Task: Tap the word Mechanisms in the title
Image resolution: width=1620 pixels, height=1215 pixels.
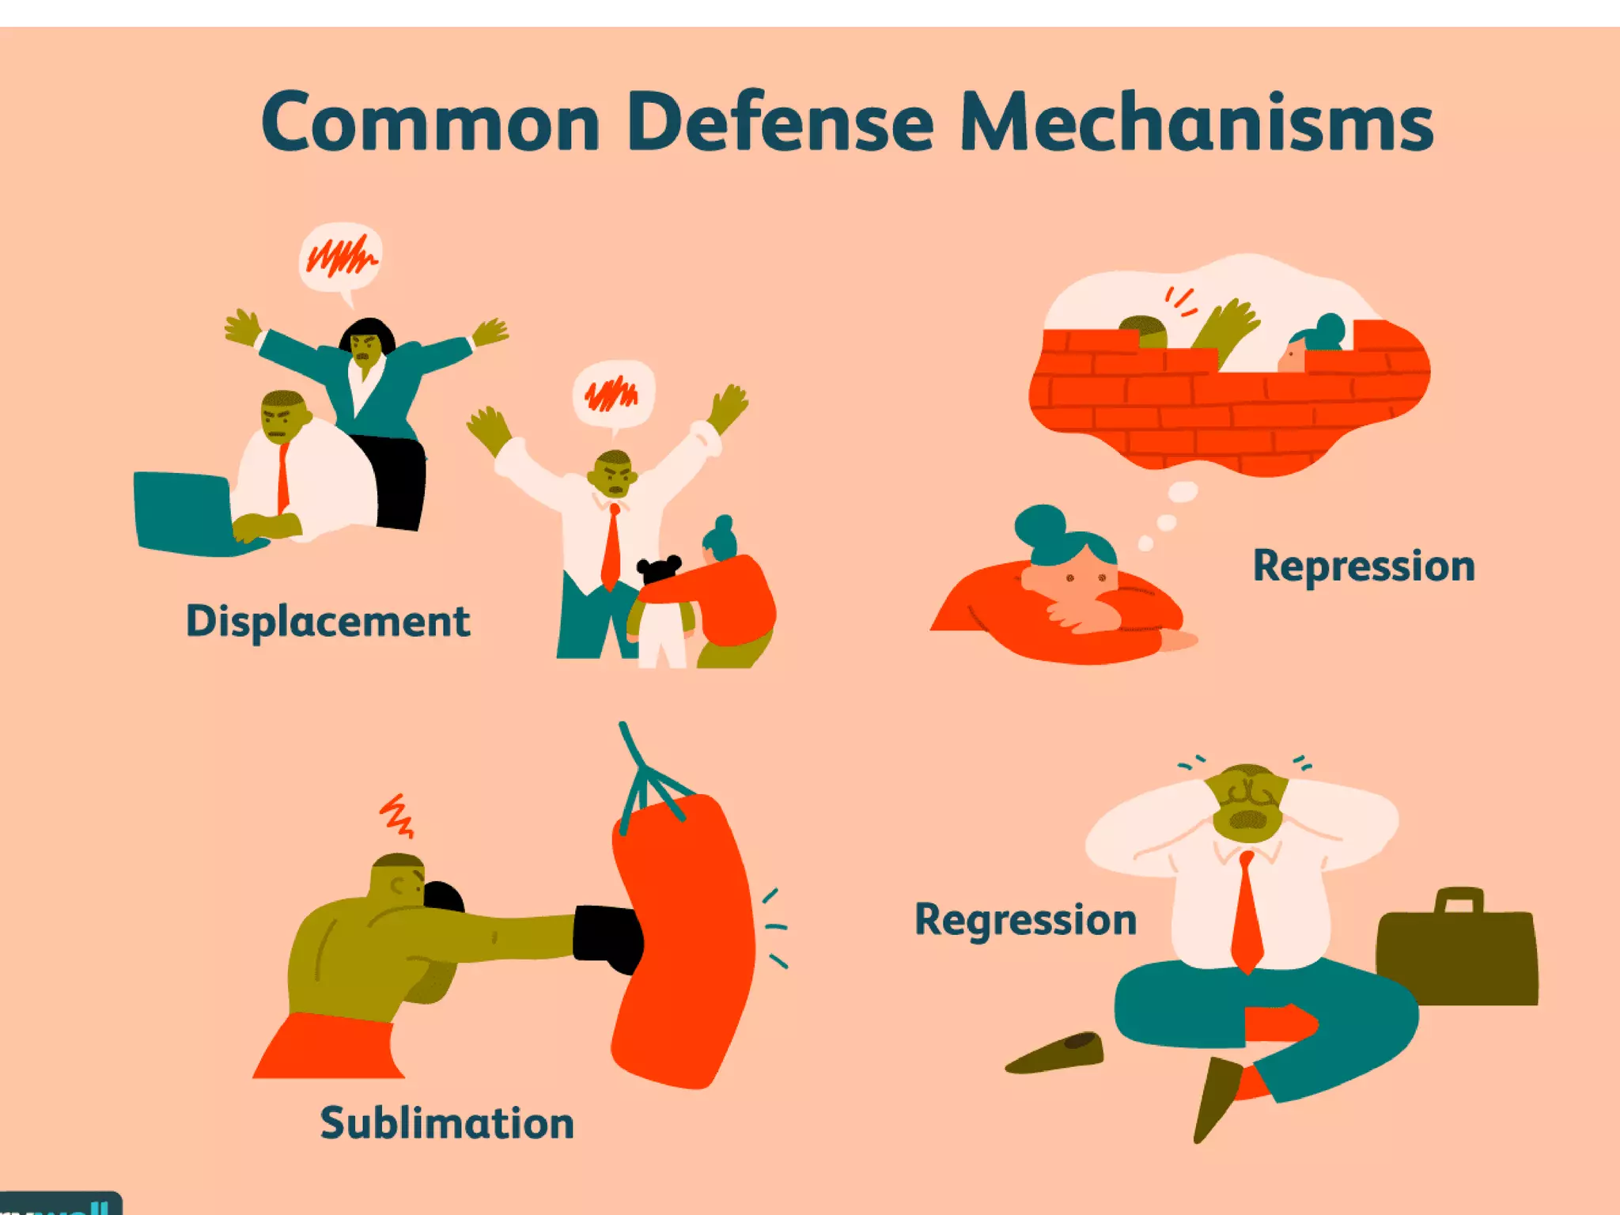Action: tap(1196, 123)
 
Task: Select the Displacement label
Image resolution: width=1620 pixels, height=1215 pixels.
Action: tap(327, 621)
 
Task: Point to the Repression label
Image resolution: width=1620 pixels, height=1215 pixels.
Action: tap(1364, 566)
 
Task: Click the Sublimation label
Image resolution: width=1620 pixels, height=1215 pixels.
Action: tap(447, 1123)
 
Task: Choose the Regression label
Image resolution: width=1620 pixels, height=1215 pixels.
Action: tap(1025, 920)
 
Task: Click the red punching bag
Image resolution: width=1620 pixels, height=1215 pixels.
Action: tap(685, 941)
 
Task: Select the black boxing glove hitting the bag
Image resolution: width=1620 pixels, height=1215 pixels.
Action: tap(607, 937)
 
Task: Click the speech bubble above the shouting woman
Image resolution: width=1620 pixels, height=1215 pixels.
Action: tap(341, 258)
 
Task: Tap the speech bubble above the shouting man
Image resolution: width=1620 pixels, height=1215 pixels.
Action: tap(614, 394)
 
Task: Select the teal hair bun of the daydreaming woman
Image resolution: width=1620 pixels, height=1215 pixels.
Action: tap(1039, 522)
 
